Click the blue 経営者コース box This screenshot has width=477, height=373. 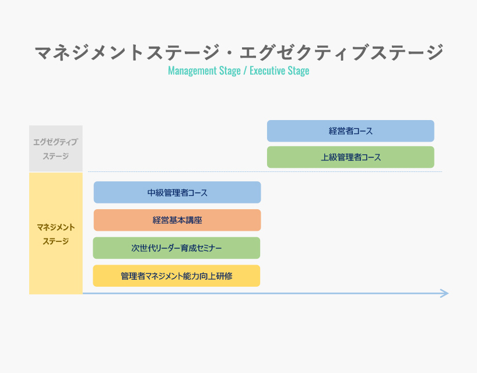click(x=350, y=131)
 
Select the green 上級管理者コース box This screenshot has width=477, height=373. click(x=350, y=157)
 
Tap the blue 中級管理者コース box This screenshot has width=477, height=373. click(x=177, y=192)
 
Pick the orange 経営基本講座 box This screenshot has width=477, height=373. click(x=177, y=220)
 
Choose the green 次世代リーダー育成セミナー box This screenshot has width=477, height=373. click(x=177, y=248)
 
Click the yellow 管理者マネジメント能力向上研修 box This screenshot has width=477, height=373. click(x=177, y=276)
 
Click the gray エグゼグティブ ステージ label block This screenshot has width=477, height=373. click(x=55, y=149)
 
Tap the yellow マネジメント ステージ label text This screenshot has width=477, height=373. click(x=55, y=234)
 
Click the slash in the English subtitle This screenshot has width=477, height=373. click(x=245, y=71)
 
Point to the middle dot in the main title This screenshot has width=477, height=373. click(x=229, y=53)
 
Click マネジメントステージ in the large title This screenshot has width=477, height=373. click(x=127, y=52)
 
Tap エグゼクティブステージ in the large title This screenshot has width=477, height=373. click(x=341, y=52)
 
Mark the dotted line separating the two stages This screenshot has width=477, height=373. click(x=265, y=172)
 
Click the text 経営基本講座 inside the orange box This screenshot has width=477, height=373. click(x=177, y=220)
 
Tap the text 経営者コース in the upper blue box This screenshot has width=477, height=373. click(x=351, y=131)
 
